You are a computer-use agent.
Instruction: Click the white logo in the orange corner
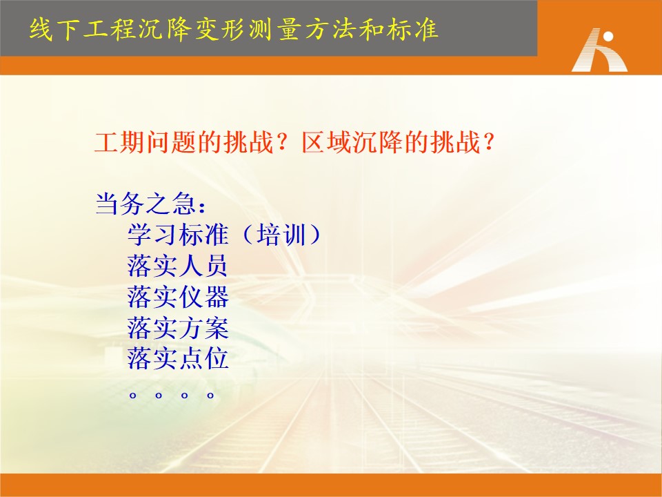coord(599,50)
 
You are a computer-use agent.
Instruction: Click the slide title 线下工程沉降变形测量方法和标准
coord(234,30)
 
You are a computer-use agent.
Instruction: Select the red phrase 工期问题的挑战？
coord(192,142)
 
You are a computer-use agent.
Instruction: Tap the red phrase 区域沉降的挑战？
coord(398,142)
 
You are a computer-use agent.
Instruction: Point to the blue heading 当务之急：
coord(151,204)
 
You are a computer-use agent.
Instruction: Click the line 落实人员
coord(178,265)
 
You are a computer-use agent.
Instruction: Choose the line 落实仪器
coord(178,297)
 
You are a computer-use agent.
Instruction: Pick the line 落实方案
coord(178,328)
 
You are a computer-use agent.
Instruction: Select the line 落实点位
coord(178,358)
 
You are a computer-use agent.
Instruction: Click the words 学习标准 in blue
coord(178,235)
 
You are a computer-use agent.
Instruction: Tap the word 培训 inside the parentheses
coord(281,235)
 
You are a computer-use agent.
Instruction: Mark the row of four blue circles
coord(172,396)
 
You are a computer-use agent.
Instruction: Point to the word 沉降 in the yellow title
coord(165,30)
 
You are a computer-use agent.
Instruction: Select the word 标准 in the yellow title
coord(412,30)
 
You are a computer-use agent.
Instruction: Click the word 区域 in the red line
coord(327,142)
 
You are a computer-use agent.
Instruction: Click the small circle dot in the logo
coord(608,37)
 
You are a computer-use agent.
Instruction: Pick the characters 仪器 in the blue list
coord(203,297)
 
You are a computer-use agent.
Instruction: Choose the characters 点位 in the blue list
coord(203,358)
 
